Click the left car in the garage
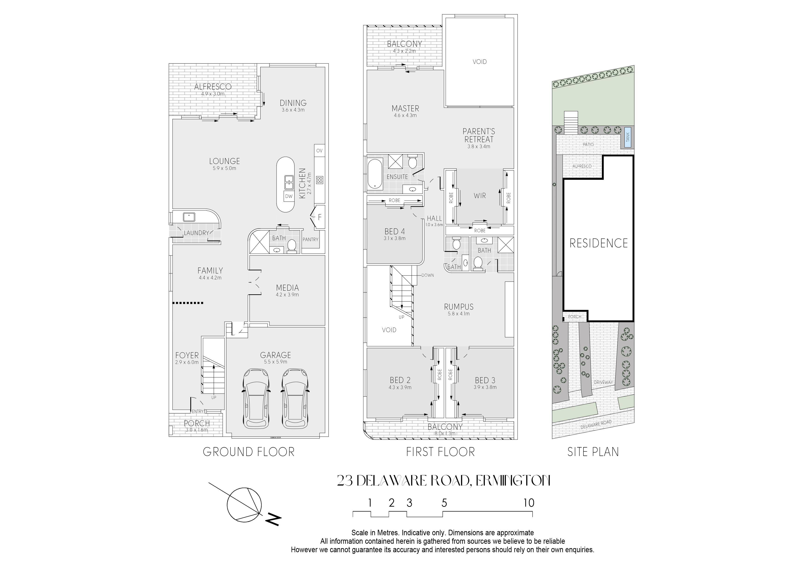click(x=256, y=398)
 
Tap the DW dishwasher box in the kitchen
click(x=288, y=196)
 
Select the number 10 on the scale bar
click(x=529, y=503)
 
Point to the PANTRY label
click(x=311, y=239)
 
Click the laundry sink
click(x=189, y=217)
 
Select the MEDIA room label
click(x=288, y=288)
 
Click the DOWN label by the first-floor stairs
click(x=428, y=275)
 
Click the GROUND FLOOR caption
click(x=249, y=452)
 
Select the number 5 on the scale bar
click(x=444, y=503)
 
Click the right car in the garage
click(x=295, y=398)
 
